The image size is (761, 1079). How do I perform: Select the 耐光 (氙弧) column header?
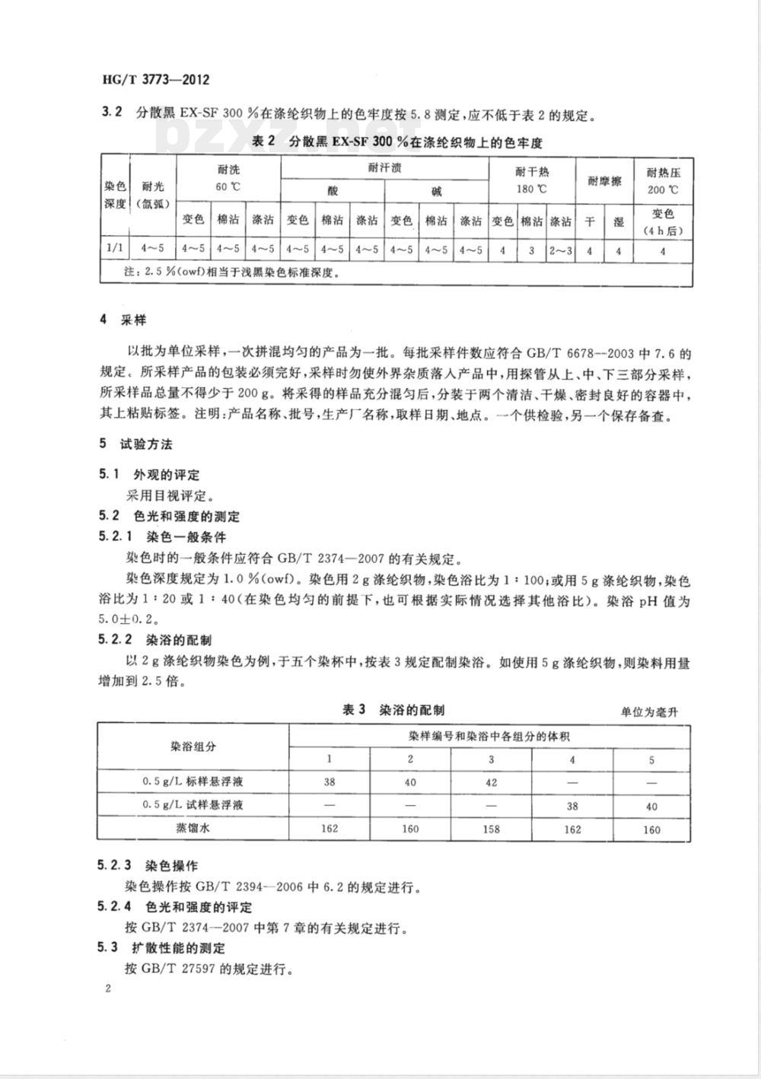click(153, 194)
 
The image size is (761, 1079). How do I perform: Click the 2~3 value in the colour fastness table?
click(560, 250)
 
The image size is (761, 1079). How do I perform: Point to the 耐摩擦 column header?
click(604, 181)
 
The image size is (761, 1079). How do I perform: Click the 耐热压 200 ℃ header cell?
click(662, 181)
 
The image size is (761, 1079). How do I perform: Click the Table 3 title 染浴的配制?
click(393, 710)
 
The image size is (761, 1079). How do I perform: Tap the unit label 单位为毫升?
click(649, 712)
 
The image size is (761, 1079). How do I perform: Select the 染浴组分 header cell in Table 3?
click(193, 746)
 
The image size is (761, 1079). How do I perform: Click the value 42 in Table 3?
click(491, 782)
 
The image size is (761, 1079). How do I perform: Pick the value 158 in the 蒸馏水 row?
click(491, 829)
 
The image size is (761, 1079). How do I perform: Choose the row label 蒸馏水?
click(193, 828)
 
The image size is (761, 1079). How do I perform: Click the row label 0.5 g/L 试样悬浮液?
click(193, 804)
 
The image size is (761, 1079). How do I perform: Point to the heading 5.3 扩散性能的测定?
click(162, 948)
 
